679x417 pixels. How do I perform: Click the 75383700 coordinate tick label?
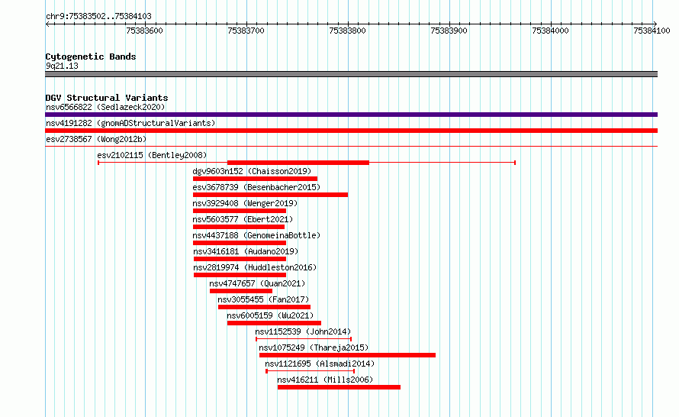pyautogui.click(x=246, y=31)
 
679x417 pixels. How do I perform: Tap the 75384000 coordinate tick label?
pyautogui.click(x=550, y=31)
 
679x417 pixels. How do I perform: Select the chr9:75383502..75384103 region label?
pyautogui.click(x=98, y=17)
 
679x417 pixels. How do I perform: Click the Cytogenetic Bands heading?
pyautogui.click(x=91, y=57)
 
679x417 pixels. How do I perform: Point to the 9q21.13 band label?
pyautogui.click(x=62, y=66)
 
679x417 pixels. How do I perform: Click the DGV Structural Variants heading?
pyautogui.click(x=107, y=98)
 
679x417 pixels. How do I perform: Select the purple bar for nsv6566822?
pyautogui.click(x=351, y=115)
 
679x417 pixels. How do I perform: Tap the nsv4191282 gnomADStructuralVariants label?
pyautogui.click(x=130, y=123)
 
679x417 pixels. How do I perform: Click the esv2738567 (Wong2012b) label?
pyautogui.click(x=96, y=139)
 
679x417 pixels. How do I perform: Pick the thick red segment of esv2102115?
pyautogui.click(x=298, y=163)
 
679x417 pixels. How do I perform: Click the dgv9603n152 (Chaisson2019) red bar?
pyautogui.click(x=255, y=179)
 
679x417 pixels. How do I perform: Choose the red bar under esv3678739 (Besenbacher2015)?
pyautogui.click(x=270, y=195)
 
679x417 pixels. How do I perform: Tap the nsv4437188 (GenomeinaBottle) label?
pyautogui.click(x=256, y=235)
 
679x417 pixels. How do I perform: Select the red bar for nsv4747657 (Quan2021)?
pyautogui.click(x=241, y=291)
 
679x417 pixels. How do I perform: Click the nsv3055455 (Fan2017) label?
pyautogui.click(x=263, y=299)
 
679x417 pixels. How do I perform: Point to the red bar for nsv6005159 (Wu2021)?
pyautogui.click(x=274, y=323)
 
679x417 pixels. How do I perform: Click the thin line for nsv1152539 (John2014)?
pyautogui.click(x=304, y=339)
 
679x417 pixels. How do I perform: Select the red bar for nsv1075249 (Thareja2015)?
pyautogui.click(x=347, y=355)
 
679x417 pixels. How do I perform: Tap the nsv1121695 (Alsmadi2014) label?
pyautogui.click(x=320, y=364)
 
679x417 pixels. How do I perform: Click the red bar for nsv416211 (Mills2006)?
pyautogui.click(x=339, y=387)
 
